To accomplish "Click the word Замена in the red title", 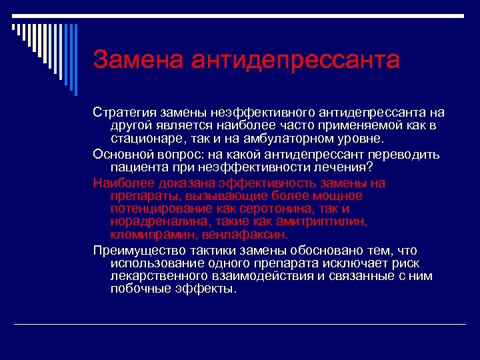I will tap(139, 59).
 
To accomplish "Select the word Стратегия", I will tap(124, 113).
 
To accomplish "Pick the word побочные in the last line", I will tap(137, 289).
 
